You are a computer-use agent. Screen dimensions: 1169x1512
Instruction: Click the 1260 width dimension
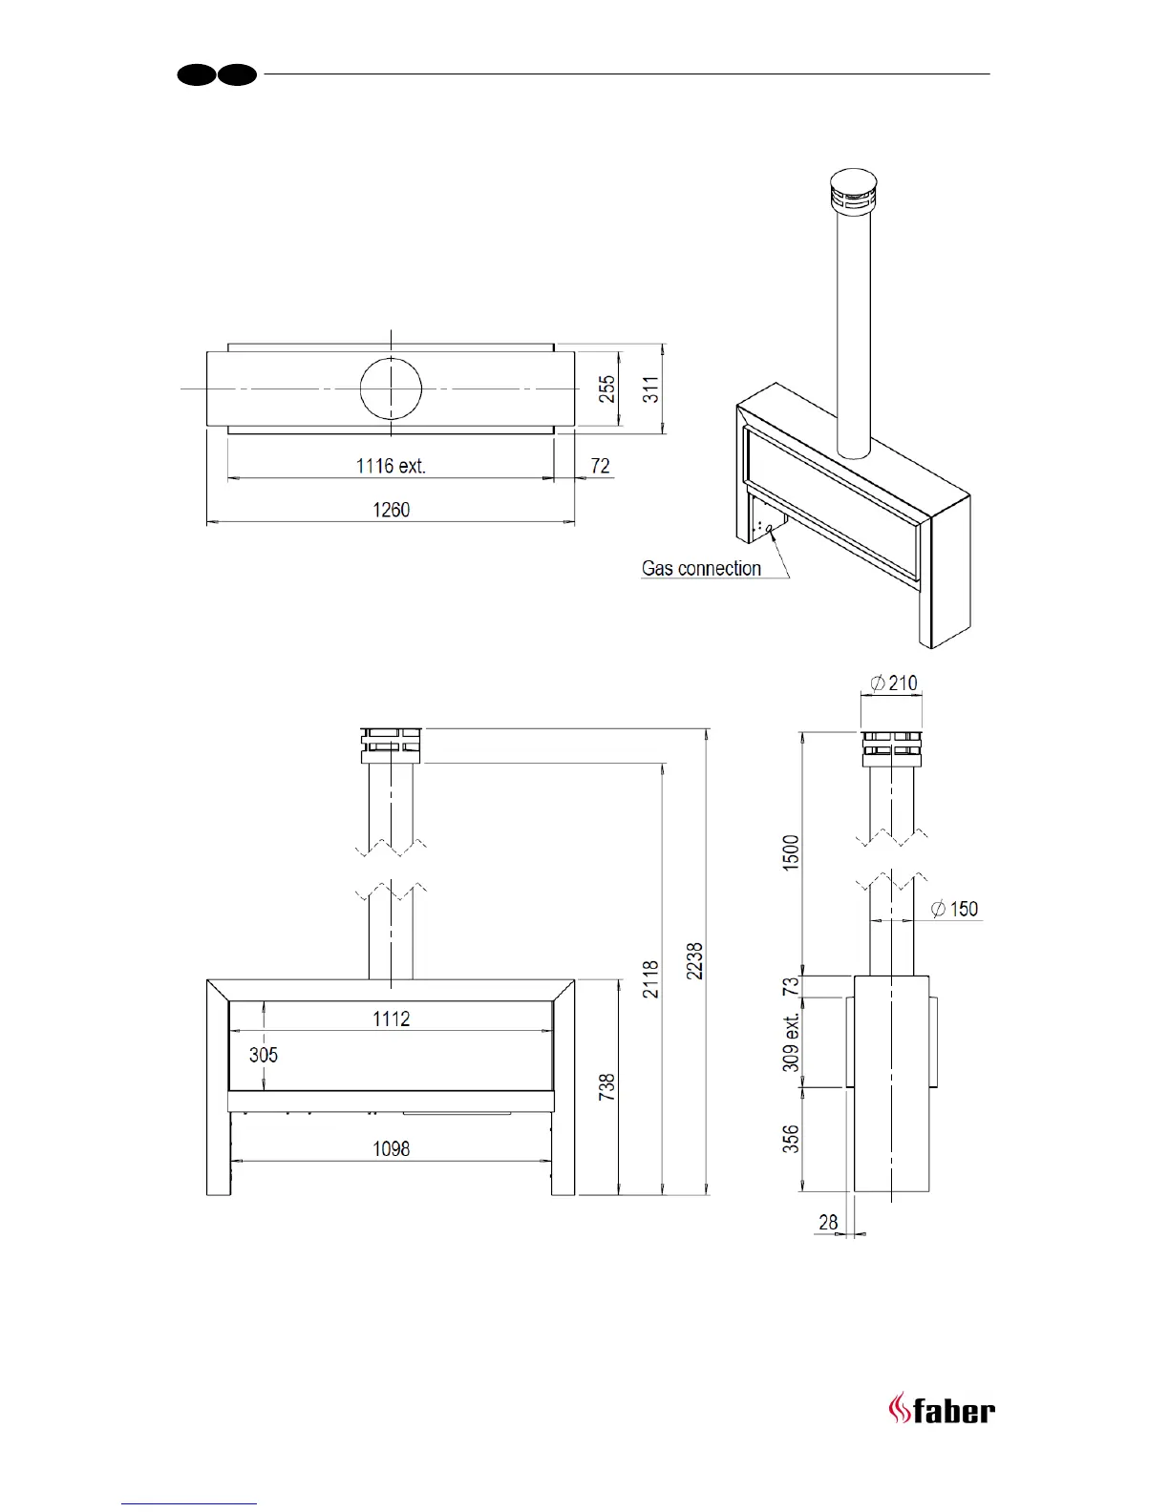coord(391,510)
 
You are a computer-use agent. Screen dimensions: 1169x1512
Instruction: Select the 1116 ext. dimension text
coord(391,466)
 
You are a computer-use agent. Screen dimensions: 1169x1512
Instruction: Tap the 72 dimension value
coord(600,466)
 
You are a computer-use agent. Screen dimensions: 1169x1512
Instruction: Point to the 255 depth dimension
coord(607,388)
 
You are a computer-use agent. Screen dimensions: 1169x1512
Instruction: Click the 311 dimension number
coord(650,388)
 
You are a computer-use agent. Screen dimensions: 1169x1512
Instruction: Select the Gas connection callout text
coord(701,569)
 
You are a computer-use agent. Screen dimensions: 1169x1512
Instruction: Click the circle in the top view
coord(391,389)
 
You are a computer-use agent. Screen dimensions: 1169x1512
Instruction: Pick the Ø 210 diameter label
coord(893,683)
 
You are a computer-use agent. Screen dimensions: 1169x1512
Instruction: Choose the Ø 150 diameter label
coord(955,909)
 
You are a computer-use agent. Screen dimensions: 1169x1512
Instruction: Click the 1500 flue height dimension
coord(792,852)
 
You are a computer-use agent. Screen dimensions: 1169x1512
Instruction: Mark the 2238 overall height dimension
coord(695,960)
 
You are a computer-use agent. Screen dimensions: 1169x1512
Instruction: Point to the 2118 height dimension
coord(651,979)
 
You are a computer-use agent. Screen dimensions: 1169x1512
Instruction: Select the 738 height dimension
coord(607,1087)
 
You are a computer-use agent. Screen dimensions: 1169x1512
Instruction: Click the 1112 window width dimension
coord(391,1018)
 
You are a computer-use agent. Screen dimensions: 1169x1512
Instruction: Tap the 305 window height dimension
coord(264,1055)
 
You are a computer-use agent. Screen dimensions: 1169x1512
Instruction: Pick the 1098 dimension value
coord(391,1148)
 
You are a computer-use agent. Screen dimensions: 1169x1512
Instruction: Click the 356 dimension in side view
coord(792,1139)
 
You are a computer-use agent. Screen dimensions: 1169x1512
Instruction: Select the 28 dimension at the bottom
coord(828,1222)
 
